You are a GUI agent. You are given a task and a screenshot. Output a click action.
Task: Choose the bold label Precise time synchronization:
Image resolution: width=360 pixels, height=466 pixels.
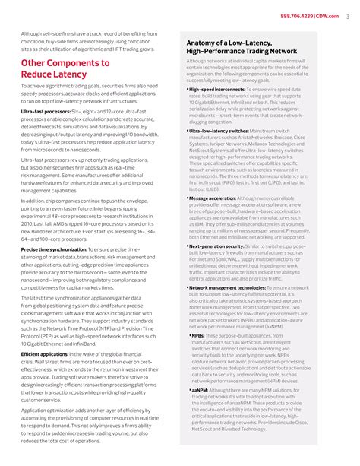point(55,249)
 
